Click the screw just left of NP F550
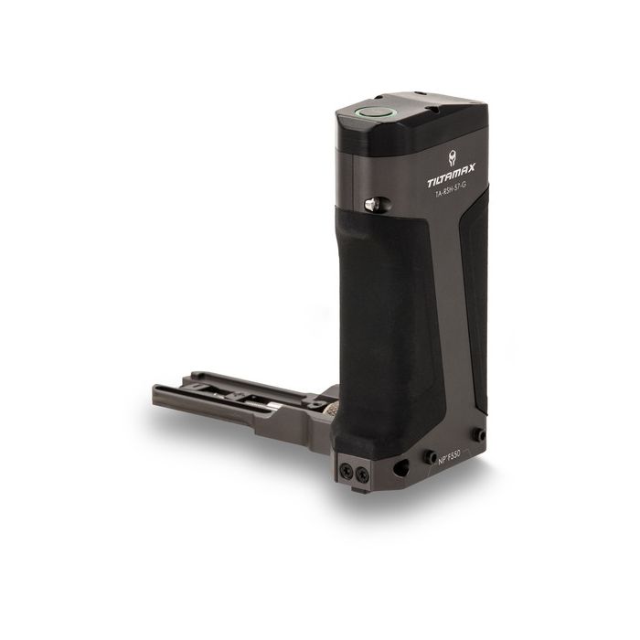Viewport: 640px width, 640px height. (x=428, y=454)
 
